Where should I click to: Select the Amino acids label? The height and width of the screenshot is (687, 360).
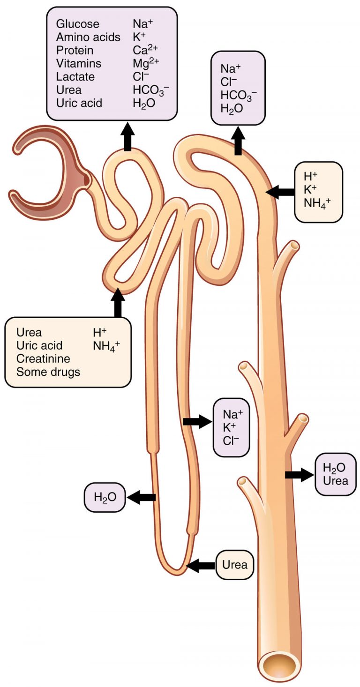point(88,37)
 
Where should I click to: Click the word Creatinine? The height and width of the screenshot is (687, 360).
point(43,358)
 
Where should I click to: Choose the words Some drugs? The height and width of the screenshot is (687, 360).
point(48,372)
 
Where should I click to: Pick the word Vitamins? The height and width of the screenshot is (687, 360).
point(78,63)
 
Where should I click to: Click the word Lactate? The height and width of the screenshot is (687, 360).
point(75,76)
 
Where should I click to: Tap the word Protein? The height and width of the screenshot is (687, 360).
point(75,50)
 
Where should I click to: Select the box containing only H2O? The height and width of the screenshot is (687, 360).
point(105,497)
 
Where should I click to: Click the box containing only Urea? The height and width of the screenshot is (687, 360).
point(234,565)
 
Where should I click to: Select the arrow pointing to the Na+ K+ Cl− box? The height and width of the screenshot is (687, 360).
point(197,422)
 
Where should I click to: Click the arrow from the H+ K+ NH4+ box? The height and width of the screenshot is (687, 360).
point(280,191)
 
